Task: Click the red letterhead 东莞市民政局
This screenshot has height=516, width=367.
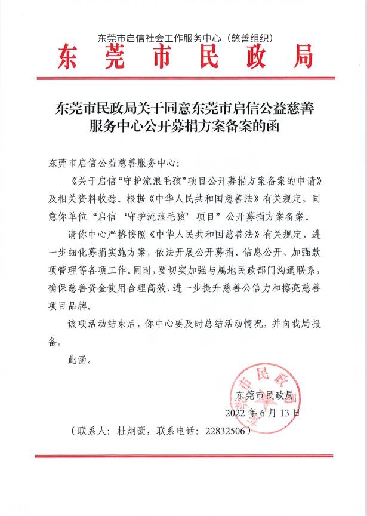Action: pyautogui.click(x=185, y=59)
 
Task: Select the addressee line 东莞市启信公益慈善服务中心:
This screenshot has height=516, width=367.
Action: pyautogui.click(x=112, y=162)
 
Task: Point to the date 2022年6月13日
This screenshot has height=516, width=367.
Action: pyautogui.click(x=263, y=413)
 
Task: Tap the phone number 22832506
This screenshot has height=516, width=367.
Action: pyautogui.click(x=226, y=430)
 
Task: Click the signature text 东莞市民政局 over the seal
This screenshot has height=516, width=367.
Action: pyautogui.click(x=265, y=395)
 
